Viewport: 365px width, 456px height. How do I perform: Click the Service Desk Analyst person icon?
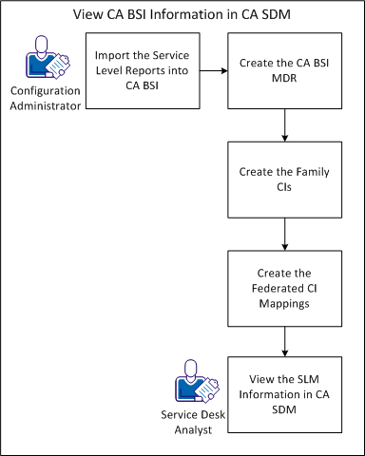(191, 386)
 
